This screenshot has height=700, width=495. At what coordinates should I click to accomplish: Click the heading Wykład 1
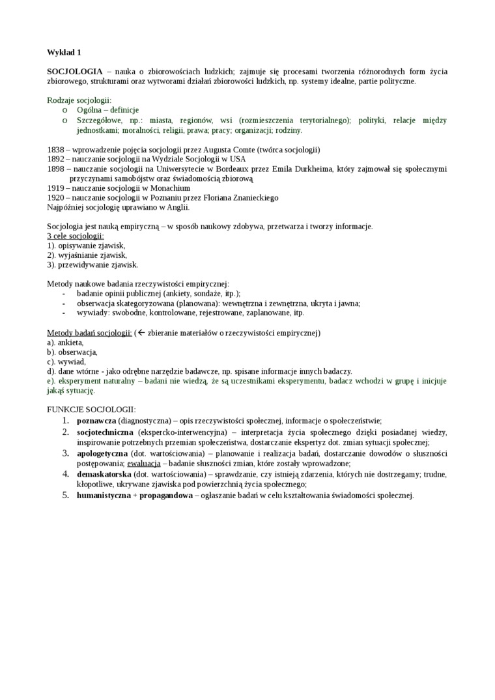[64, 52]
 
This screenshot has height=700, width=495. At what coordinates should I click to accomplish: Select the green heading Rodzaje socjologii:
[79, 100]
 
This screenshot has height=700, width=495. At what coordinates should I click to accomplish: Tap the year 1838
[55, 149]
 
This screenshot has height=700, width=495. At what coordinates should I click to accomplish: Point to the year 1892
[55, 159]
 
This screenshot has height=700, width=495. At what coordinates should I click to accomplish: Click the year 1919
[55, 188]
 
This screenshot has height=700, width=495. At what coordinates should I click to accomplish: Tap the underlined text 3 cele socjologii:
[76, 236]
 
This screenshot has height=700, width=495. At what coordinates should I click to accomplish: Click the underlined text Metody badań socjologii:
[89, 333]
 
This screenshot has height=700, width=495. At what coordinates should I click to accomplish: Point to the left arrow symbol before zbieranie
[141, 333]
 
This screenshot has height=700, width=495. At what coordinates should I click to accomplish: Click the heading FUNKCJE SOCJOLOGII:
[91, 410]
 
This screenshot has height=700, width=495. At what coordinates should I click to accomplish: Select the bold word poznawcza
[96, 421]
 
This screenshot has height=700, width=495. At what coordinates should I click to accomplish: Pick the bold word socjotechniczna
[105, 432]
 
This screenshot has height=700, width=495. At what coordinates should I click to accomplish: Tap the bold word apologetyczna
[102, 453]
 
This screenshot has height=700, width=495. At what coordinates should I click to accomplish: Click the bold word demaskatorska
[104, 473]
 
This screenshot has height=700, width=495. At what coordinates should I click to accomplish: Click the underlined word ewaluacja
[143, 463]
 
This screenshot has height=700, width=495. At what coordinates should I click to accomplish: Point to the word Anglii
[177, 207]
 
